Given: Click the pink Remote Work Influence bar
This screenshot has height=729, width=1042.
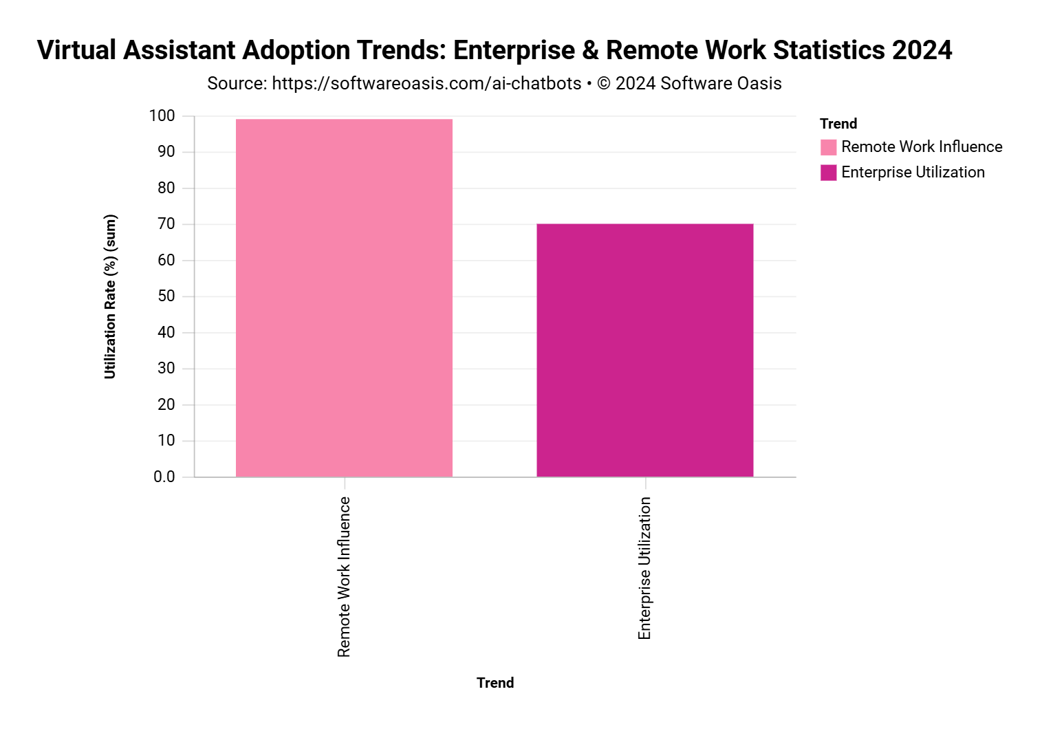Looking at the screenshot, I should [344, 298].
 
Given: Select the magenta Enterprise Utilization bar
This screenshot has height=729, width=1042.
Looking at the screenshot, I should [644, 350].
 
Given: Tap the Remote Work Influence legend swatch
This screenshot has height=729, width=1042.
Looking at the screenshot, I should [828, 147].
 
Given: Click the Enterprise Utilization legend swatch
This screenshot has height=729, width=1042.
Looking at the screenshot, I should [828, 173].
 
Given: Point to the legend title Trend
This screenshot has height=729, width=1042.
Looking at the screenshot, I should [838, 124].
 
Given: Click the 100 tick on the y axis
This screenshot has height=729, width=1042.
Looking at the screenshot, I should [162, 116].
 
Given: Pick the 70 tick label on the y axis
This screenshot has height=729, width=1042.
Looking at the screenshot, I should [166, 224].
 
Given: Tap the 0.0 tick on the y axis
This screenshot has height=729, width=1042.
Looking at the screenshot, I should [164, 477].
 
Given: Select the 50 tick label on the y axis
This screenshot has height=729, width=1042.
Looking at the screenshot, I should [166, 296].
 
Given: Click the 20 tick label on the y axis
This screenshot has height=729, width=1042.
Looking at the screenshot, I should [166, 404].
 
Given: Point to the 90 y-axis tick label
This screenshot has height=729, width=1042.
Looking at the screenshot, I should [166, 152].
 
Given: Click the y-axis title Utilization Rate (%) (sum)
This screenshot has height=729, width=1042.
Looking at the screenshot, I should [111, 296].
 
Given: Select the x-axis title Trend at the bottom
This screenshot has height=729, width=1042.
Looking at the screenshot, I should [495, 683].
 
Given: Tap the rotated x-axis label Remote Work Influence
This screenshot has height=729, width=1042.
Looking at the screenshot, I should [344, 576].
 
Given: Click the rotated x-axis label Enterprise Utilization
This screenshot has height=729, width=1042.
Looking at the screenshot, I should [644, 568].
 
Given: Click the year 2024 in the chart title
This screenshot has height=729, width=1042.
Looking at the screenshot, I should [922, 50].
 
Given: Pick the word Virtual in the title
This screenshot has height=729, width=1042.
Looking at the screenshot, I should [76, 50].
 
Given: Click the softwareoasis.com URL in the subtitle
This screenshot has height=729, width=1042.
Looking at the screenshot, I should [426, 84].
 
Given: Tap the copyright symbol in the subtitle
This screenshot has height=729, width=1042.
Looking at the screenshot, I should [604, 84].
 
